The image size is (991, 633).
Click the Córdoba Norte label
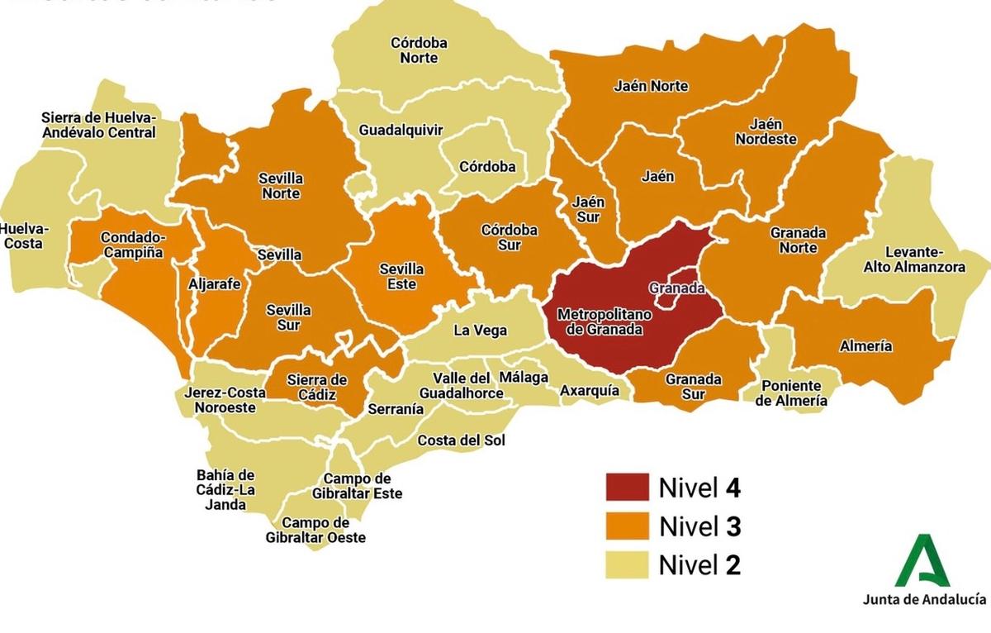419,50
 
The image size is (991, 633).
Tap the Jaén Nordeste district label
766,131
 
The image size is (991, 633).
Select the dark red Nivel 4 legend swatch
627,488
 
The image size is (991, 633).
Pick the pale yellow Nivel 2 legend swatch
627,565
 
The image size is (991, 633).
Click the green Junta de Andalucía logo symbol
923,561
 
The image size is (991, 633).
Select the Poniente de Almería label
792,393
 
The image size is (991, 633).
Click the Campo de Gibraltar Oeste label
315,530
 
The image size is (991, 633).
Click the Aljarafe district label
215,283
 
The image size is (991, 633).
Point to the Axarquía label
589,390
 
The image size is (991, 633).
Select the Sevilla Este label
401,277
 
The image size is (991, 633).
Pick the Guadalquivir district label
401,130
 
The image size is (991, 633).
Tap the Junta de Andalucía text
923,599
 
